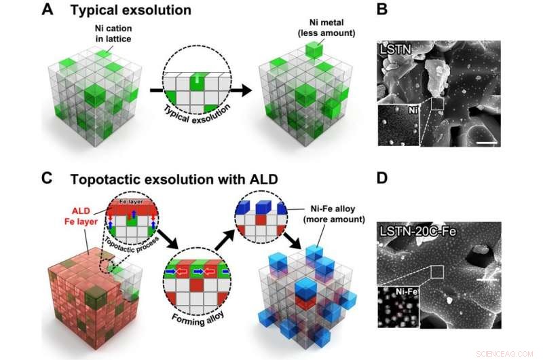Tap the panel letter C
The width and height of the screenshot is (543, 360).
[x=48, y=179]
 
